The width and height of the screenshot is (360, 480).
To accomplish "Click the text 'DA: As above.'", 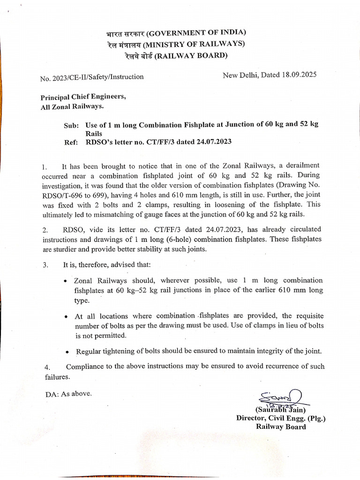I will [68, 394].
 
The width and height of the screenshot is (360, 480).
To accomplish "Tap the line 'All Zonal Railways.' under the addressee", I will [72, 107].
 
